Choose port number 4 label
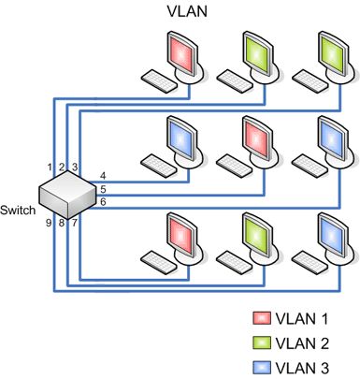102,176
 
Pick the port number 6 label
102,202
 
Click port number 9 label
49,223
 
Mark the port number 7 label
75,223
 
